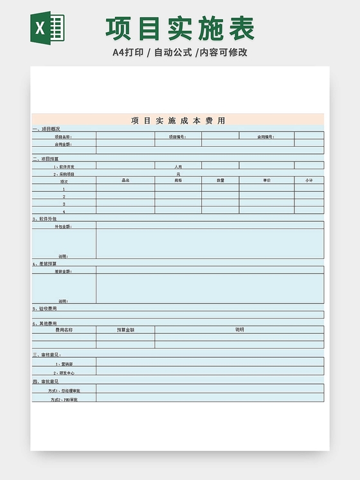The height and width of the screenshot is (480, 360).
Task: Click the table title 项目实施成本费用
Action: point(178,120)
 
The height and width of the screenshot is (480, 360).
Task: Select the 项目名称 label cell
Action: point(63,136)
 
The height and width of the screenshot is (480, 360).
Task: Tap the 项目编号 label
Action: point(177,136)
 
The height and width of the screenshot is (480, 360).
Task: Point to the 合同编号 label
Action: point(266,136)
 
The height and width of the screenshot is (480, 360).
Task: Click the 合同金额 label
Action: point(63,144)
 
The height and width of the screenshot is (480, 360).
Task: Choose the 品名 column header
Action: point(125,181)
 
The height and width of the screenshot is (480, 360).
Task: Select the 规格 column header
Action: point(177,181)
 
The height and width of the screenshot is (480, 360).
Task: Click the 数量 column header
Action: point(220,181)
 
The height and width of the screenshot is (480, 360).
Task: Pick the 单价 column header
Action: point(266,181)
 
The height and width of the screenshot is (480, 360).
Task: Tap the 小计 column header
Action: point(309,181)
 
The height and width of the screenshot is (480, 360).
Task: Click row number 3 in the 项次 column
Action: point(64,204)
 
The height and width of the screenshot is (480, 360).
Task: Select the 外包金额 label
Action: point(63,226)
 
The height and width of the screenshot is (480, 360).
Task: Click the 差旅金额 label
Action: point(63,271)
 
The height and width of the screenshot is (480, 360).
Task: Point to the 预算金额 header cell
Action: point(125,329)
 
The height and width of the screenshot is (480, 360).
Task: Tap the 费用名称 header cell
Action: point(64,329)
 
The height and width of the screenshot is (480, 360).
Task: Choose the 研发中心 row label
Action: point(64,373)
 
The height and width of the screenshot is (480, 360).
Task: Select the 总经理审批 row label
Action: point(64,391)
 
